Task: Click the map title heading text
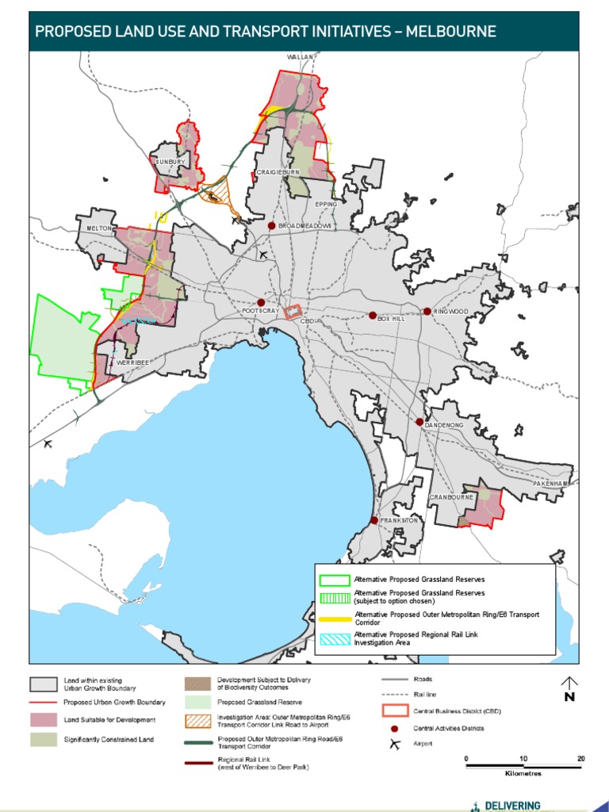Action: tap(266, 32)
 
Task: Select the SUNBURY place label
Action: tap(170, 162)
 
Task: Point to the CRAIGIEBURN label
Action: tap(277, 172)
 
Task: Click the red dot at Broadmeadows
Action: tap(271, 226)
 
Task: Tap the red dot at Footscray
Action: tap(261, 302)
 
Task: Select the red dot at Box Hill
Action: tap(373, 315)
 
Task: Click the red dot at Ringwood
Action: tap(427, 312)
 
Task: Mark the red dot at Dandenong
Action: tap(419, 422)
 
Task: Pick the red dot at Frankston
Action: tap(374, 520)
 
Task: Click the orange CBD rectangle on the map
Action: tap(293, 312)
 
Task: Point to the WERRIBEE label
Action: tap(132, 362)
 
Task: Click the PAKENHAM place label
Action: tap(551, 483)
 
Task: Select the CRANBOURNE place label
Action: tap(451, 497)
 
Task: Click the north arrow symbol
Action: tap(569, 684)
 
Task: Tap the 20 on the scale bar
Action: tap(581, 759)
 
